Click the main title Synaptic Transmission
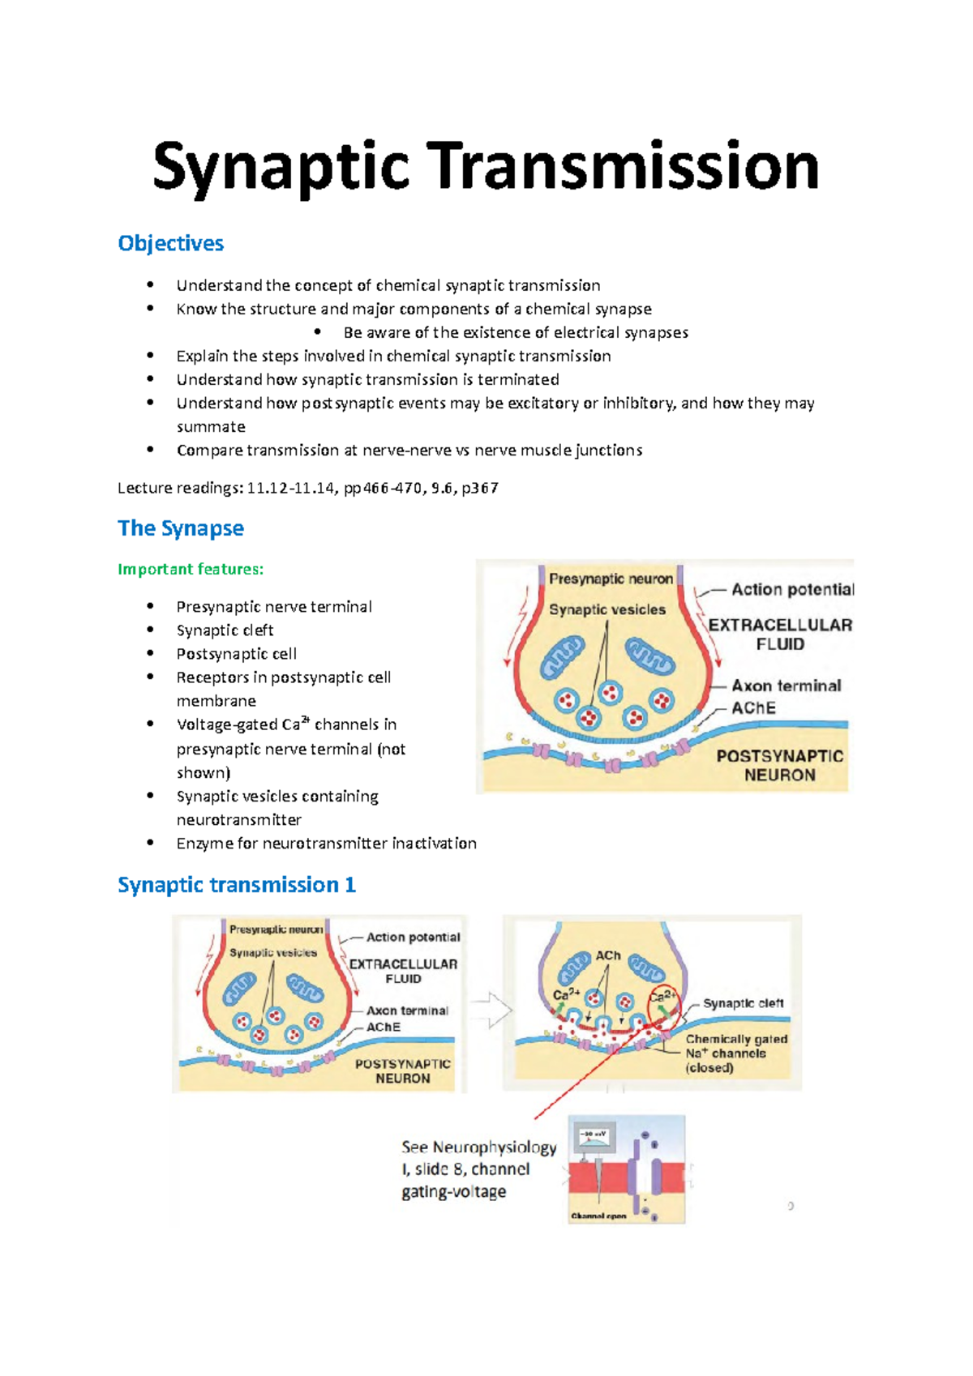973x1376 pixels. pos(486,166)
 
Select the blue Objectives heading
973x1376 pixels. pos(170,243)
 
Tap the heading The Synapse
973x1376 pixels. pos(181,528)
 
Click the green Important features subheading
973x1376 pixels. pos(191,569)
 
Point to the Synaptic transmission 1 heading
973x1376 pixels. pos(237,884)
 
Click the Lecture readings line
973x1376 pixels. pos(308,488)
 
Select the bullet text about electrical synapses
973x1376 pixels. pos(516,332)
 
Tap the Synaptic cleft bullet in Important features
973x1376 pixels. pos(225,630)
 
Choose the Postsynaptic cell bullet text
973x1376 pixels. pos(236,653)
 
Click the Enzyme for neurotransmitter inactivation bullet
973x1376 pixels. pos(326,843)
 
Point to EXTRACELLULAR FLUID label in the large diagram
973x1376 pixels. pos(780,635)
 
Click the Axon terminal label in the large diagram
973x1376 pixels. pos(786,686)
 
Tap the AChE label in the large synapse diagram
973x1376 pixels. pos(753,707)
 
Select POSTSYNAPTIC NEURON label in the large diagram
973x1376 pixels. pos(779,765)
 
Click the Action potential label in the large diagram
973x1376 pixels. pos(792,589)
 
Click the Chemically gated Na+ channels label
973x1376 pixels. pos(735,1053)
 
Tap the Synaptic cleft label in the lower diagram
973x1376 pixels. pos(743,1003)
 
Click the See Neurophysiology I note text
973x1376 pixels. pos(478,1169)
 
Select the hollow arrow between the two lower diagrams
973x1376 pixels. pos(491,1011)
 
